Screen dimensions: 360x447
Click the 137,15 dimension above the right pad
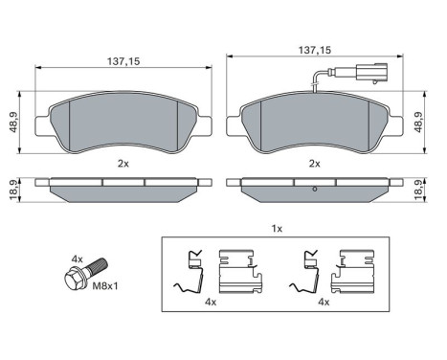click(x=316, y=55)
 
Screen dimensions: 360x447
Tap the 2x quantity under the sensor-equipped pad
click(x=316, y=165)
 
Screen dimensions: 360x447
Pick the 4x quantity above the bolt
click(x=78, y=259)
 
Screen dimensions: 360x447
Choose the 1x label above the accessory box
click(x=277, y=231)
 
